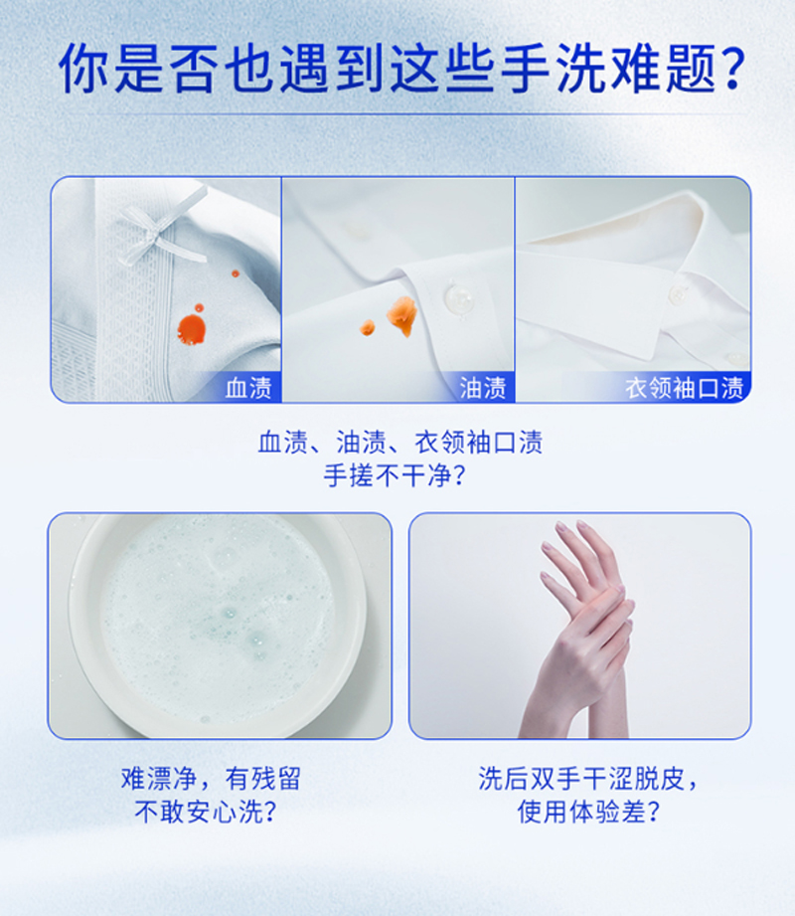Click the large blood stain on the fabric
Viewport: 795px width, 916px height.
pyautogui.click(x=192, y=329)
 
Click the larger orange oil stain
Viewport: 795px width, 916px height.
pyautogui.click(x=402, y=315)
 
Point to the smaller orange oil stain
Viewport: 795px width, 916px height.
pyautogui.click(x=367, y=327)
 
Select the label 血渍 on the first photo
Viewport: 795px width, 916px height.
pyautogui.click(x=248, y=388)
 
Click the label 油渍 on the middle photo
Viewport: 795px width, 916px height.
pyautogui.click(x=483, y=388)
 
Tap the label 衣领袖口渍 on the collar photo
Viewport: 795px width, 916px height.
pyautogui.click(x=684, y=388)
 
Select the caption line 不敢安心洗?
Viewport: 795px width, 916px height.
pyautogui.click(x=205, y=812)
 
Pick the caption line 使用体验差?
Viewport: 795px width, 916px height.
pyautogui.click(x=588, y=812)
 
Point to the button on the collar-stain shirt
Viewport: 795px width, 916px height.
pyautogui.click(x=677, y=293)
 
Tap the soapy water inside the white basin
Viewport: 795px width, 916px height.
pyautogui.click(x=218, y=620)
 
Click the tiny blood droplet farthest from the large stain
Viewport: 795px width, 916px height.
pyautogui.click(x=236, y=274)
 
